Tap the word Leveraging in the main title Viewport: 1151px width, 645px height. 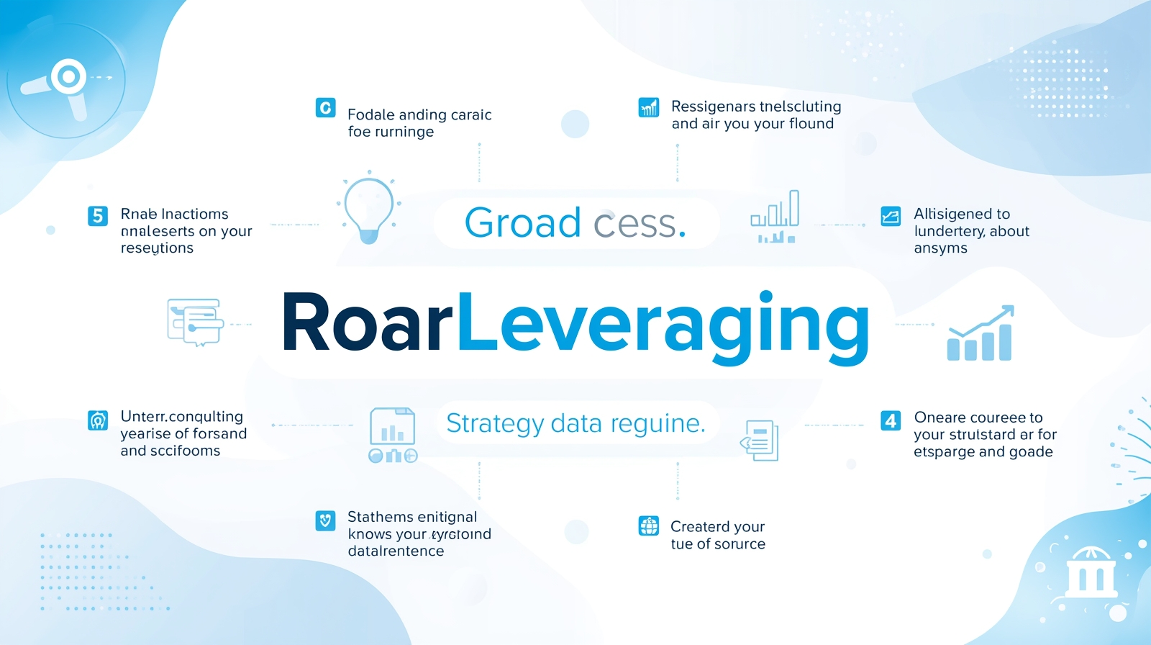point(662,328)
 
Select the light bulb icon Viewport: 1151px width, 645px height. point(368,209)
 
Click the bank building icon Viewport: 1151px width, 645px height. point(1091,574)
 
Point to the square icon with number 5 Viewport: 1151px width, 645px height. point(98,216)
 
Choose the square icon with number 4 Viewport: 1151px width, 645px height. point(891,420)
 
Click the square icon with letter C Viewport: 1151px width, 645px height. point(325,108)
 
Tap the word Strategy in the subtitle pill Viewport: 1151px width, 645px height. point(494,423)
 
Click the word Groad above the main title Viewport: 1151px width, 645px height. point(522,223)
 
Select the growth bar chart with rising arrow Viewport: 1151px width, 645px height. point(980,334)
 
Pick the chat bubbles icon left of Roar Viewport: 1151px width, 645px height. point(194,322)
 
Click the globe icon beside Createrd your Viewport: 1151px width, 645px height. point(649,526)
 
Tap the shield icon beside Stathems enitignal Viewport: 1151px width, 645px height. point(325,520)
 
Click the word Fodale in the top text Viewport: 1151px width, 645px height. point(371,115)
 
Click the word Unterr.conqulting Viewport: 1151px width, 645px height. point(182,416)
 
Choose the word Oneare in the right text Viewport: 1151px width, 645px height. point(940,418)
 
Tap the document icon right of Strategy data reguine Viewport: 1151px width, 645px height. point(760,440)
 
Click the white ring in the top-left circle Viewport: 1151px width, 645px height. point(69,76)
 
